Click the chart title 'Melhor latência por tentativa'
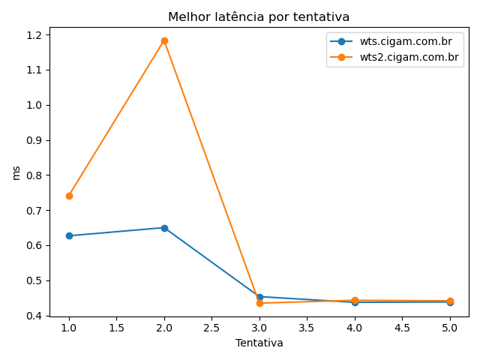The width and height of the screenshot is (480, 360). pyautogui.click(x=259, y=16)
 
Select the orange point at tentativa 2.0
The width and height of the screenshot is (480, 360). pyautogui.click(x=164, y=40)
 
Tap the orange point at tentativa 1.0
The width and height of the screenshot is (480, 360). pyautogui.click(x=69, y=196)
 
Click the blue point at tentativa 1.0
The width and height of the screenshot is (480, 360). pyautogui.click(x=69, y=235)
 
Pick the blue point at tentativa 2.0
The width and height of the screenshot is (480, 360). pyautogui.click(x=164, y=228)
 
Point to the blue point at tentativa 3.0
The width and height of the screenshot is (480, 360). pyautogui.click(x=259, y=297)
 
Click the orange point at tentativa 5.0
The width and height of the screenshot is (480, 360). pyautogui.click(x=450, y=301)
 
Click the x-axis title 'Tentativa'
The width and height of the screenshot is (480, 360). pyautogui.click(x=259, y=343)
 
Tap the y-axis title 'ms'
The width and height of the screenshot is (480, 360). pyautogui.click(x=16, y=172)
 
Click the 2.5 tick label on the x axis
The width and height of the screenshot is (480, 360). pyautogui.click(x=211, y=328)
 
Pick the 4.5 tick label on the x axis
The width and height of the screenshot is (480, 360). pyautogui.click(x=402, y=328)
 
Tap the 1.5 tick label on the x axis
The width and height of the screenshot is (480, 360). pyautogui.click(x=116, y=328)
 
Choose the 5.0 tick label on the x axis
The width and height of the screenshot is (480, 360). pyautogui.click(x=450, y=328)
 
